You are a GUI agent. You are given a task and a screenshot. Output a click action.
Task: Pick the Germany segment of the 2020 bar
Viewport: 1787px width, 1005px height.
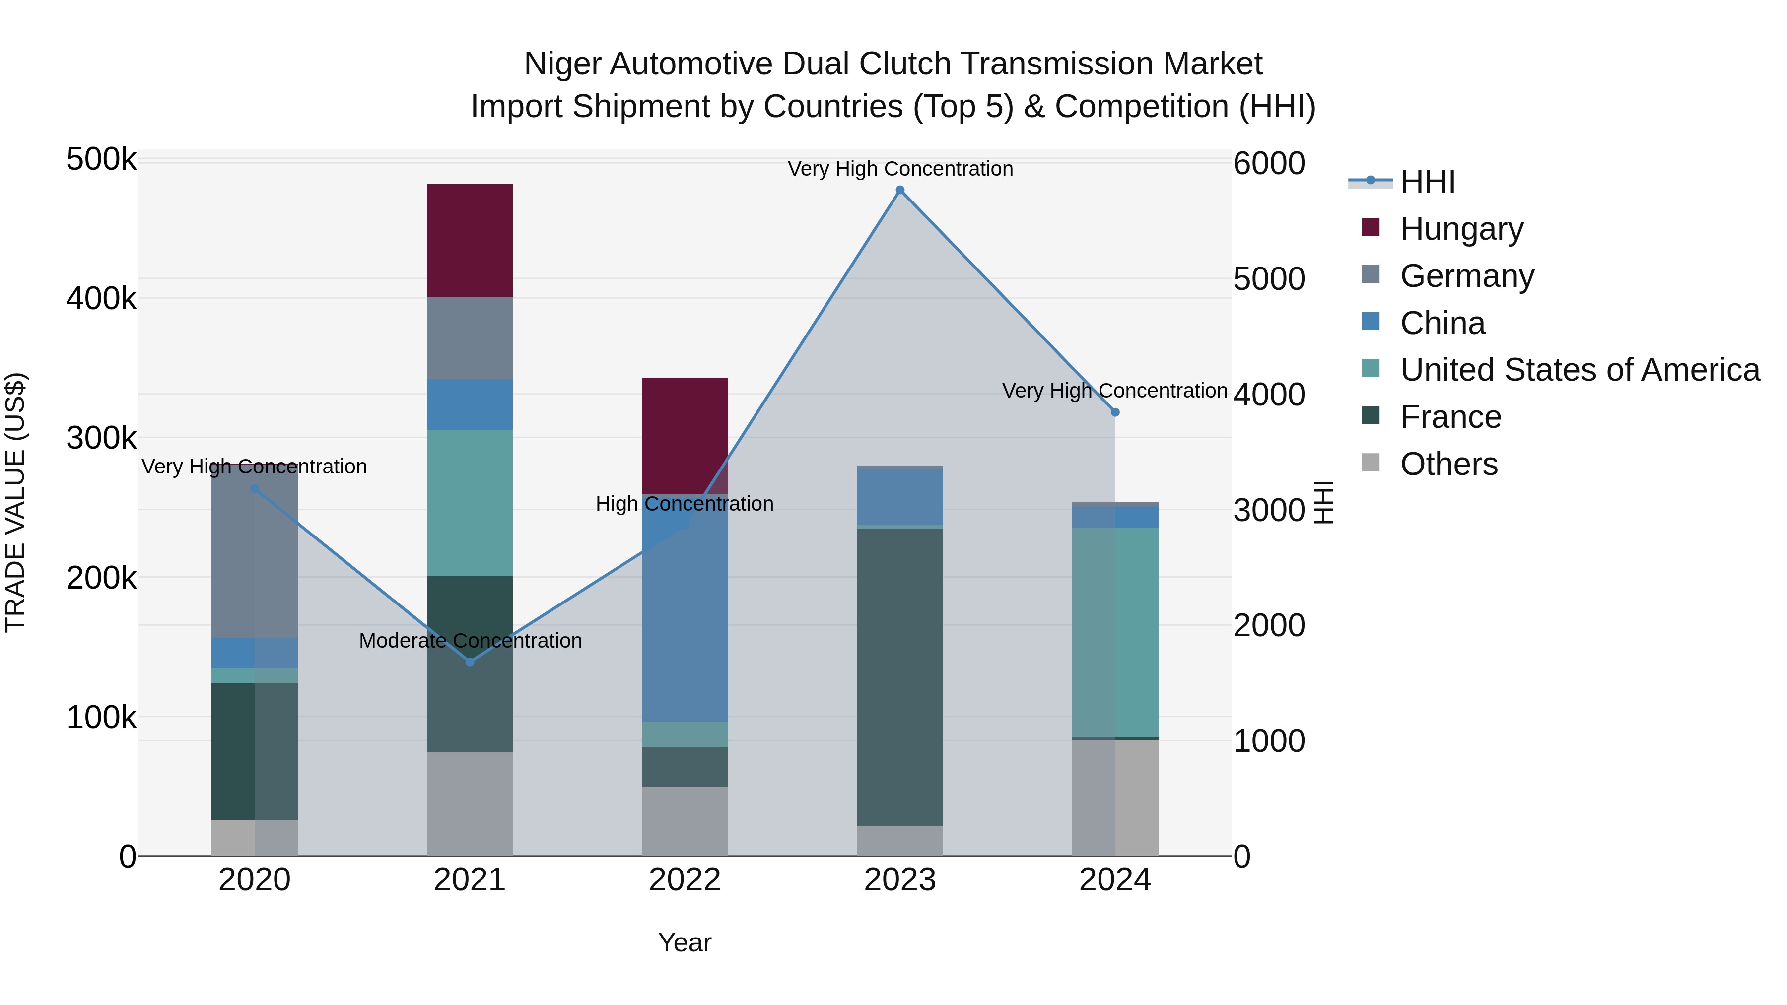pyautogui.click(x=255, y=551)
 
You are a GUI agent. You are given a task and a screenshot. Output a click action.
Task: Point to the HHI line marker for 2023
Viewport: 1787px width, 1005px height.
pyautogui.click(x=900, y=190)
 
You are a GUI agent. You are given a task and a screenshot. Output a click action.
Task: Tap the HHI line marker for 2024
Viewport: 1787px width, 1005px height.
pyautogui.click(x=1115, y=412)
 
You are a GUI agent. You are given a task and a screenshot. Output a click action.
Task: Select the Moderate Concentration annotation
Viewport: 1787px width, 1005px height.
pyautogui.click(x=471, y=641)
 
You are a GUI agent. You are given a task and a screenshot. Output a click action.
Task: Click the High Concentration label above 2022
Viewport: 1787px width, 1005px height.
pyautogui.click(x=685, y=504)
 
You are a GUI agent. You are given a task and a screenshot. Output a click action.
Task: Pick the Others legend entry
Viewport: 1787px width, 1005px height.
pyautogui.click(x=1448, y=464)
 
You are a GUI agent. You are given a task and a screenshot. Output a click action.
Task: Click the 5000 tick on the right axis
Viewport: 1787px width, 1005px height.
pyautogui.click(x=1269, y=279)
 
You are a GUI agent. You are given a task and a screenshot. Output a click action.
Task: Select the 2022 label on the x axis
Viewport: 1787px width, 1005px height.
pyautogui.click(x=685, y=880)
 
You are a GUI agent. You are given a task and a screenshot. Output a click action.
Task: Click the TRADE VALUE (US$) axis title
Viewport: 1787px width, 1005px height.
pyautogui.click(x=15, y=502)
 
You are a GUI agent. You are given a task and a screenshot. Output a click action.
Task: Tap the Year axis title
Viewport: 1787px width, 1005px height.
pyautogui.click(x=685, y=942)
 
